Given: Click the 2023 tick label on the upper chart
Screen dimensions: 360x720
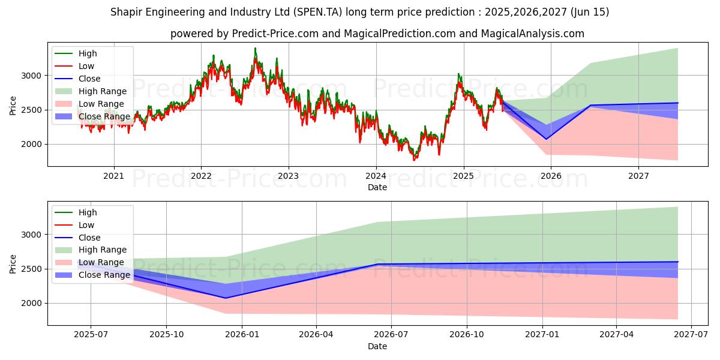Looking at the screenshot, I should pyautogui.click(x=289, y=176).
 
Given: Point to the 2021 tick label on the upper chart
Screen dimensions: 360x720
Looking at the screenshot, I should pyautogui.click(x=113, y=176).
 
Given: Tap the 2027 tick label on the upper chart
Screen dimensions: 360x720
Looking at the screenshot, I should pyautogui.click(x=638, y=176).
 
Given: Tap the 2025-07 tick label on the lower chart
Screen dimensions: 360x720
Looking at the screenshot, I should pyautogui.click(x=91, y=335).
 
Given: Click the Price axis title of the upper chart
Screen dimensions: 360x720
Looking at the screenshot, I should pyautogui.click(x=13, y=105).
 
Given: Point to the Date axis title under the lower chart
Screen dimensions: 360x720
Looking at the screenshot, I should pyautogui.click(x=377, y=346).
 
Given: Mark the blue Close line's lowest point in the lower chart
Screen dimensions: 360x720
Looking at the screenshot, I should pyautogui.click(x=226, y=298).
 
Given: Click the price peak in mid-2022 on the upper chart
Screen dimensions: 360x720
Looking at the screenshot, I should pyautogui.click(x=255, y=49).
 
